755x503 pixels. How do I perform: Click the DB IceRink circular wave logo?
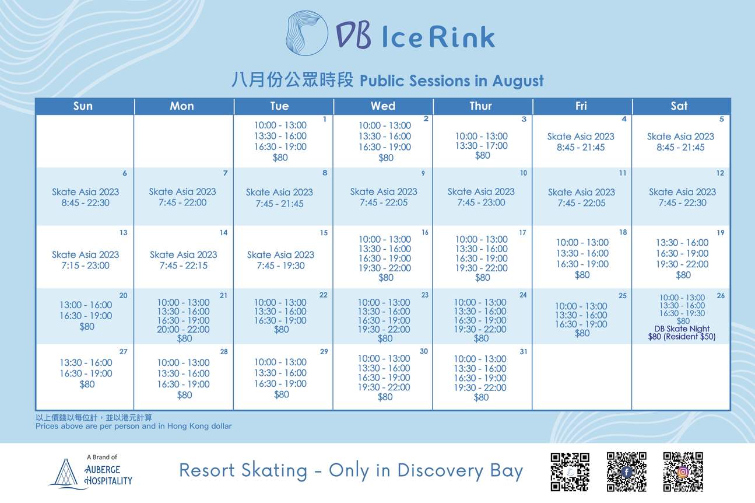[307, 33]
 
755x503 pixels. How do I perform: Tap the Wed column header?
[383, 106]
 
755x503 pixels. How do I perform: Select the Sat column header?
[679, 106]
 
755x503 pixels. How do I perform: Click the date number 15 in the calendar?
[324, 233]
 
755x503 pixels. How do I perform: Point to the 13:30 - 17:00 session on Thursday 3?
[482, 146]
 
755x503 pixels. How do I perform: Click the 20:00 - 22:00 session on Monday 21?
[183, 329]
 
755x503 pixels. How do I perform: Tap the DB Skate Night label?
[682, 329]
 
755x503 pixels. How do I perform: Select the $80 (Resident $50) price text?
[682, 337]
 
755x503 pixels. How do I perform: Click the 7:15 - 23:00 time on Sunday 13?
[85, 266]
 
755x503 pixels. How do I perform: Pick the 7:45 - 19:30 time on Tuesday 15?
[280, 266]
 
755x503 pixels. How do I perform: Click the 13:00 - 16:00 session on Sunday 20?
[86, 305]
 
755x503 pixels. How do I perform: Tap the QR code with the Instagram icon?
[683, 471]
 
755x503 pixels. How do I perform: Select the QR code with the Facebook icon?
[626, 471]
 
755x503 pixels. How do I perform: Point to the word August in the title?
[518, 81]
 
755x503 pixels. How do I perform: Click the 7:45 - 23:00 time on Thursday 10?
[481, 202]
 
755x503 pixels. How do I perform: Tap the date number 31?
[524, 352]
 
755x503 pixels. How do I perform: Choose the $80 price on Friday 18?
[582, 275]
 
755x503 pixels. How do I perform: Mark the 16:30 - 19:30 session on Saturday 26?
[682, 313]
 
